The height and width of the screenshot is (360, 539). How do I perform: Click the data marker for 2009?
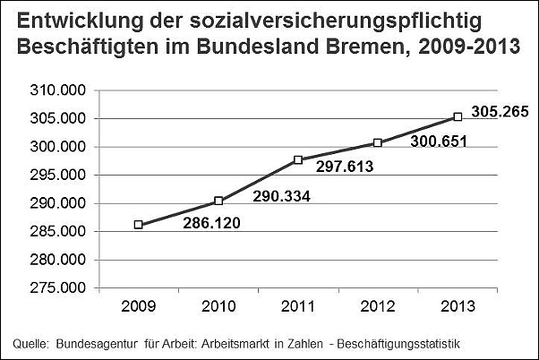[x=139, y=225]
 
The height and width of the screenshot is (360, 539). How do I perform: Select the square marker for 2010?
[x=218, y=201]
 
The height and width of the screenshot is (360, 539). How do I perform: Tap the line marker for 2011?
[x=298, y=160]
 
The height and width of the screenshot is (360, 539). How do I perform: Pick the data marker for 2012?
[x=378, y=143]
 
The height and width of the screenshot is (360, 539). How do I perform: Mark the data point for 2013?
[x=458, y=116]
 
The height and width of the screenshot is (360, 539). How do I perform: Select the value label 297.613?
[x=343, y=166]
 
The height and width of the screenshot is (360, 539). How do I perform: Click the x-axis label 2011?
[x=298, y=306]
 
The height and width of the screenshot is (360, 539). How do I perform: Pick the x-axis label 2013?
[x=458, y=306]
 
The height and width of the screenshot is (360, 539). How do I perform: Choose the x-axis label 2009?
[x=139, y=306]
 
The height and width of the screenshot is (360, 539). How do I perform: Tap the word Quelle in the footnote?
[x=30, y=343]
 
